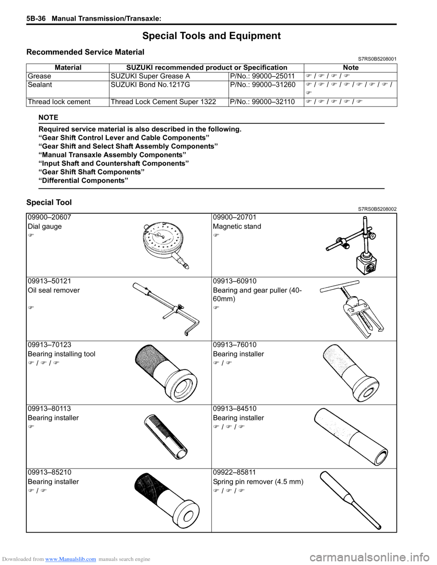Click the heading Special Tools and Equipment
pos(211,36)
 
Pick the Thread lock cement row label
pos(59,102)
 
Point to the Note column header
pos(351,67)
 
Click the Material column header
pos(68,67)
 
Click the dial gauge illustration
pos(165,245)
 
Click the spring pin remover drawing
pos(351,500)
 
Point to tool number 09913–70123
pos(50,345)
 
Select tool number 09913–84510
pos(235,409)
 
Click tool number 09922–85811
pos(235,472)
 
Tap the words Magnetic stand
pos(237,227)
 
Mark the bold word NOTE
pos(48,117)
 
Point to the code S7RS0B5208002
pos(377,209)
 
